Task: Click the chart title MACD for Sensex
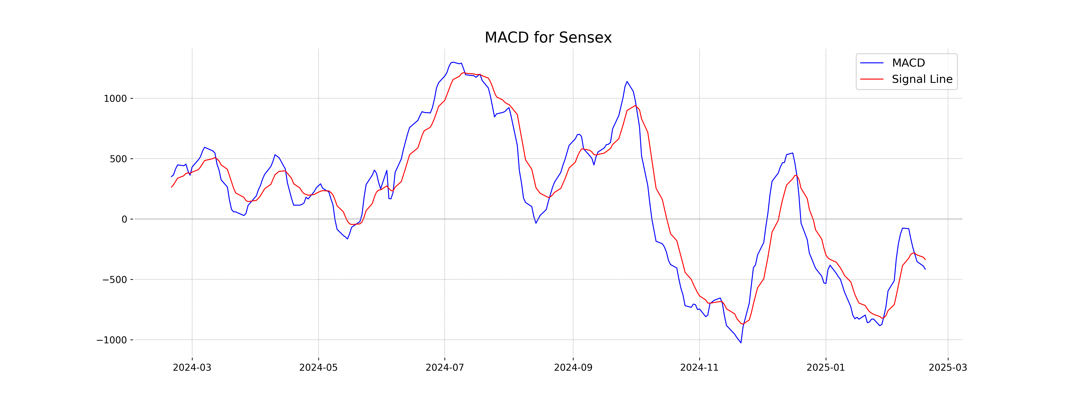point(548,38)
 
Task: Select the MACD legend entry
point(908,63)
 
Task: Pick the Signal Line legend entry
point(922,79)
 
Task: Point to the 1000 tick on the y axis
point(115,99)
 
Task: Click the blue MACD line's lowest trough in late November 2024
point(741,342)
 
